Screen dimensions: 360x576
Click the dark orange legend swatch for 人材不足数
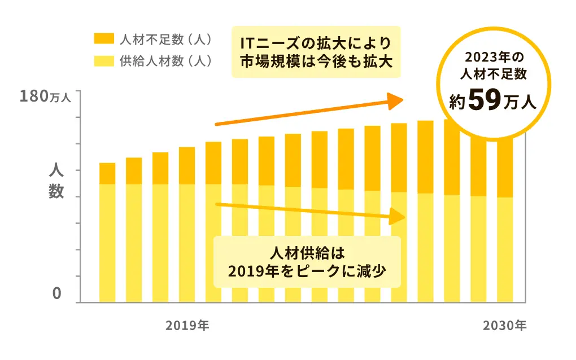tap(103, 39)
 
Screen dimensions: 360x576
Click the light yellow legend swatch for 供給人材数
tap(103, 60)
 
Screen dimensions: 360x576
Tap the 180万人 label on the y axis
tap(45, 96)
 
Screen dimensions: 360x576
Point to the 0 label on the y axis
tap(57, 294)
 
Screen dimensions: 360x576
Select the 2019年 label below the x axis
tap(187, 326)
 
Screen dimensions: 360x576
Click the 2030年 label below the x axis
tap(504, 326)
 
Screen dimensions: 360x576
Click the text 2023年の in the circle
tap(494, 58)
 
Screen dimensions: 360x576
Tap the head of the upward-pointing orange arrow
tap(395, 100)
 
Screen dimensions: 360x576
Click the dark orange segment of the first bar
tap(107, 173)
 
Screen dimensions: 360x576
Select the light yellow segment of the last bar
tap(505, 249)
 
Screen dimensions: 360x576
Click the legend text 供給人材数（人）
tap(165, 60)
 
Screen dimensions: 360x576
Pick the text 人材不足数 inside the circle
tap(494, 73)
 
